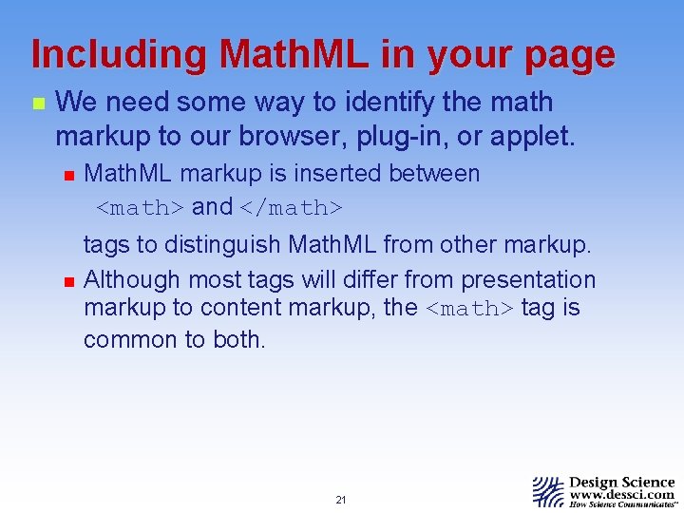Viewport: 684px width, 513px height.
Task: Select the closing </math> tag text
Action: pos(290,207)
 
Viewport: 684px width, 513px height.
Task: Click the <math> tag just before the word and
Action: pos(142,207)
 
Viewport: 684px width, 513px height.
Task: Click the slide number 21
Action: pos(341,500)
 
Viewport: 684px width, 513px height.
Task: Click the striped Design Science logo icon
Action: pos(548,490)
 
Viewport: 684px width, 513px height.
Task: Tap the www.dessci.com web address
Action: pos(622,494)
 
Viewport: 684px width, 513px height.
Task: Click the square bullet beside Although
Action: pos(66,281)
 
